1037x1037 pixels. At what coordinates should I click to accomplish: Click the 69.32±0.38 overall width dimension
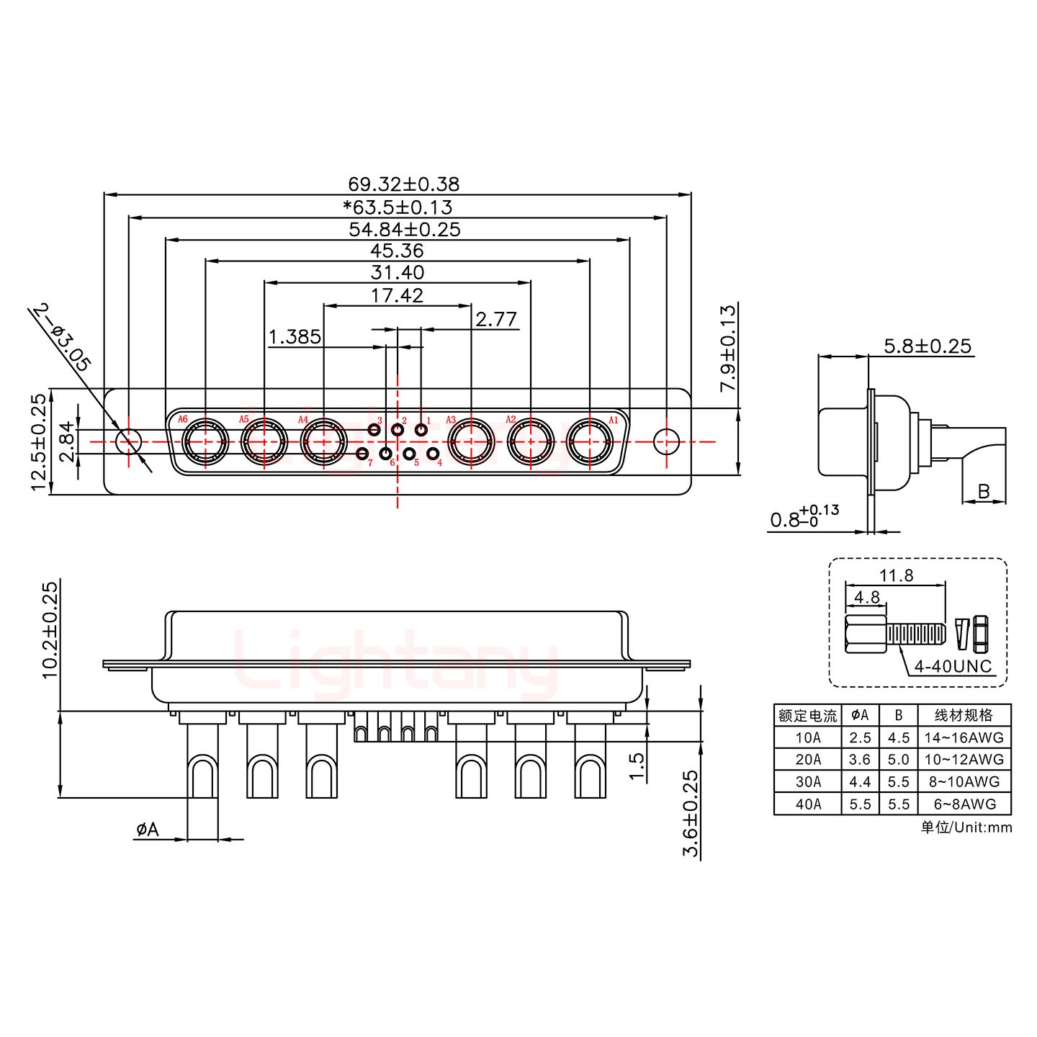pyautogui.click(x=403, y=184)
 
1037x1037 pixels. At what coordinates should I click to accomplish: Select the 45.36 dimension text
pyautogui.click(x=397, y=251)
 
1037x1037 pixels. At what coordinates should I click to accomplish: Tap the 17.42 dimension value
pyautogui.click(x=397, y=295)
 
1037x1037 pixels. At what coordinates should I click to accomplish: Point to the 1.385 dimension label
pyautogui.click(x=295, y=337)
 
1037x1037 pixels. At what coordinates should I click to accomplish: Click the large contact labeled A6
pyautogui.click(x=205, y=441)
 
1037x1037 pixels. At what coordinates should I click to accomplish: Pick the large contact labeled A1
pyautogui.click(x=590, y=441)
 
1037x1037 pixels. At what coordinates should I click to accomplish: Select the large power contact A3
pyautogui.click(x=471, y=441)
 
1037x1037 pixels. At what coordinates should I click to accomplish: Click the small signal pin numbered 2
pyautogui.click(x=398, y=430)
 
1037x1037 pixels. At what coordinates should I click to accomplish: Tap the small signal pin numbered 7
pyautogui.click(x=363, y=454)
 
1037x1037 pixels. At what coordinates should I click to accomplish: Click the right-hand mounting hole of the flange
pyautogui.click(x=666, y=441)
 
